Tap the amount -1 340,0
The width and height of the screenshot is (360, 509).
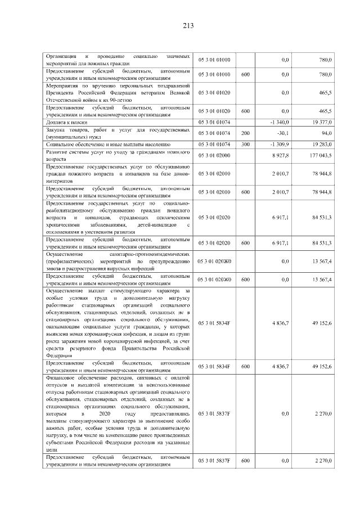278,121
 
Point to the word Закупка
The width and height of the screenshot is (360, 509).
57,129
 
